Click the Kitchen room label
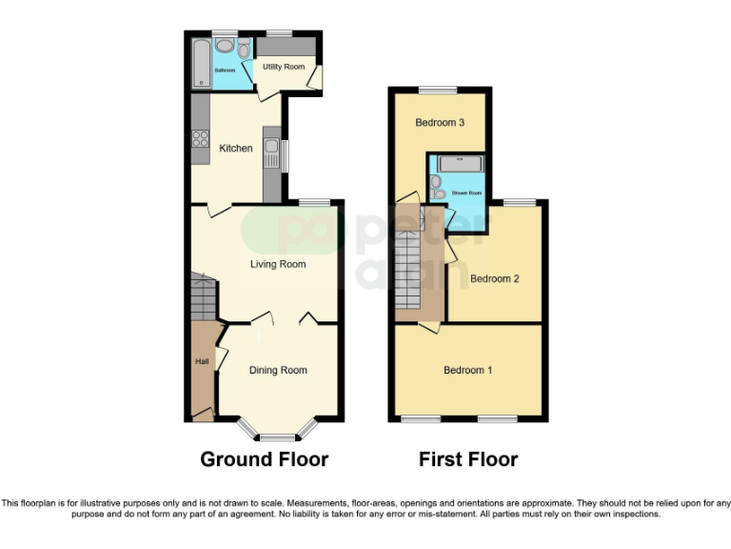(236, 148)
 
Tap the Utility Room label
(284, 67)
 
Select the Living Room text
(278, 264)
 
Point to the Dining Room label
(278, 370)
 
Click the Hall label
(202, 361)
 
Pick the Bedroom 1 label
(467, 370)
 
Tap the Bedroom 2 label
(494, 279)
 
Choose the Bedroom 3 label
(441, 123)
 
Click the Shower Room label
(466, 193)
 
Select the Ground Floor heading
(264, 459)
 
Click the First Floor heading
(468, 459)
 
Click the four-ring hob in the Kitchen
(201, 139)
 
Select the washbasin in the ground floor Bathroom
(226, 46)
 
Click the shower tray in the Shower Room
(459, 164)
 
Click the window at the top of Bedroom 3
(438, 90)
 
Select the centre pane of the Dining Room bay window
(278, 437)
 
